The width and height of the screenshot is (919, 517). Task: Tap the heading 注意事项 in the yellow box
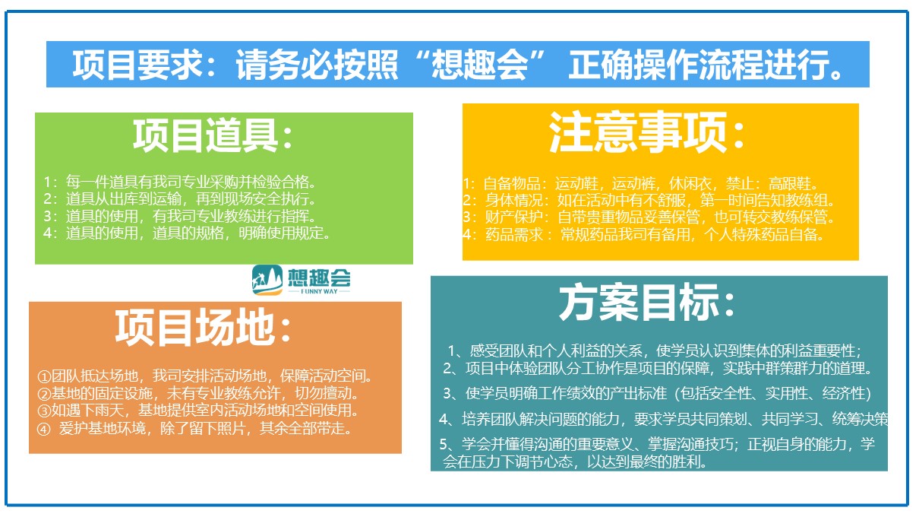[637, 132]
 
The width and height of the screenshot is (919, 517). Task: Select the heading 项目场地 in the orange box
[195, 327]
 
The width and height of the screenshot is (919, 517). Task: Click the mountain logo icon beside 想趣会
[267, 280]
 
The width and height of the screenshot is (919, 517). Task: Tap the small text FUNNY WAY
[319, 291]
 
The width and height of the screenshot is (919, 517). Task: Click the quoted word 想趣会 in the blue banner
[479, 64]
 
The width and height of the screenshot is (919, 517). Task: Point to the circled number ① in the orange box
[44, 376]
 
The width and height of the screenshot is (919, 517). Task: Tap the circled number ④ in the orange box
[44, 430]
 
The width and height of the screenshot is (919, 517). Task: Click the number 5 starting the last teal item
[444, 444]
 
